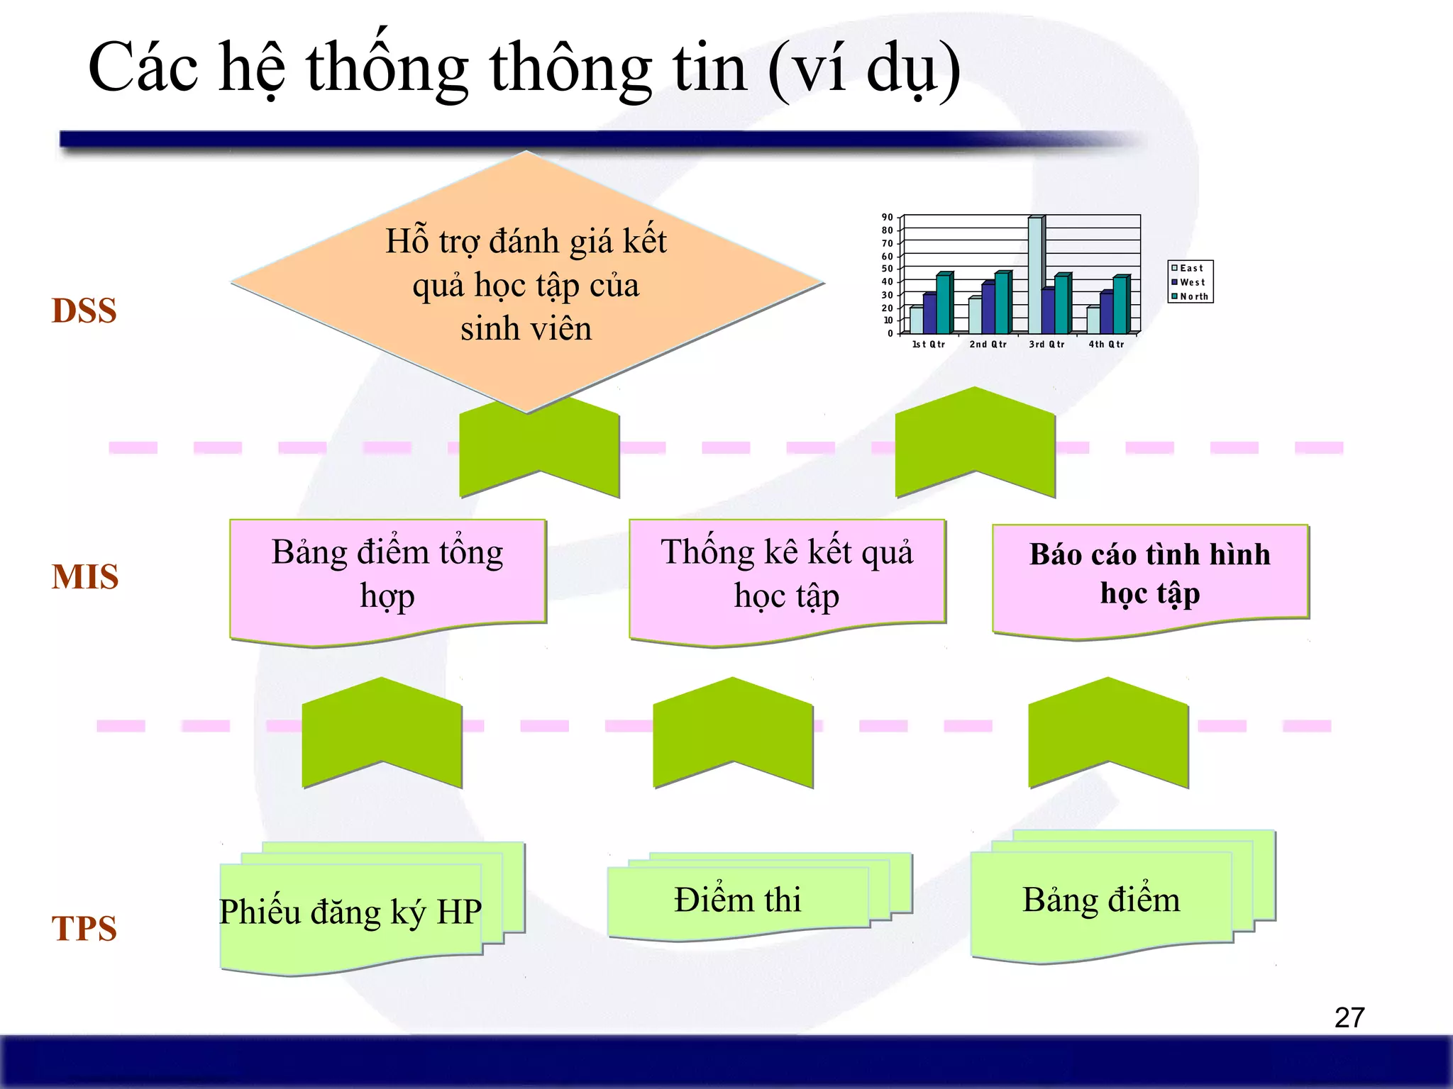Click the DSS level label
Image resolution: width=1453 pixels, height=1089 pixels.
(x=84, y=311)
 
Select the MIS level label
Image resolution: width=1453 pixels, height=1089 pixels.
(x=84, y=576)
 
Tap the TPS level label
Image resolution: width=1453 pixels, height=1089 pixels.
(x=84, y=928)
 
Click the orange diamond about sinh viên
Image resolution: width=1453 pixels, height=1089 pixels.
(x=526, y=284)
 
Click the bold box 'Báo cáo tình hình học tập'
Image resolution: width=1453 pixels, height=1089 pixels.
(x=1149, y=574)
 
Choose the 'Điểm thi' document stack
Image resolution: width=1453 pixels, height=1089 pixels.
(x=738, y=900)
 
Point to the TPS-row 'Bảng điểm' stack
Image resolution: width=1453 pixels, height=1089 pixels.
(x=1101, y=900)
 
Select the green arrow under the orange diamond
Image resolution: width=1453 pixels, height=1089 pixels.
(x=539, y=450)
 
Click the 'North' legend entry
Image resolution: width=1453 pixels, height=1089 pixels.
(x=1193, y=296)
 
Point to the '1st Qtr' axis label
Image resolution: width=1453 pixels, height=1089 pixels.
(x=928, y=345)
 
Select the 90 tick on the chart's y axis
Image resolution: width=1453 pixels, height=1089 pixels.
(x=887, y=218)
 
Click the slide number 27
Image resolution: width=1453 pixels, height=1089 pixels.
(x=1349, y=1017)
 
